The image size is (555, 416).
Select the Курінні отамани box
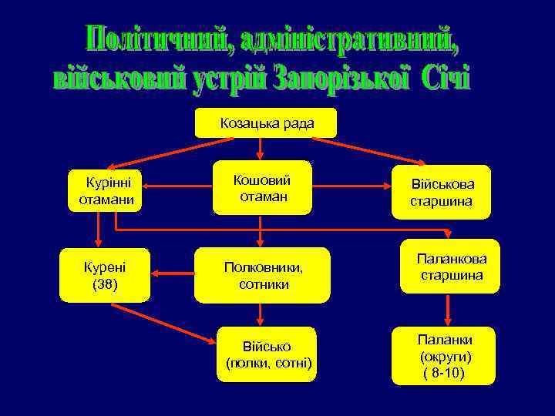[x=106, y=191]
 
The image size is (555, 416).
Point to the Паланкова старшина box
[x=449, y=267]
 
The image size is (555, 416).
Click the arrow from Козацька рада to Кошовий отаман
[x=261, y=149]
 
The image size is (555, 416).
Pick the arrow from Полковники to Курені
[x=173, y=272]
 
